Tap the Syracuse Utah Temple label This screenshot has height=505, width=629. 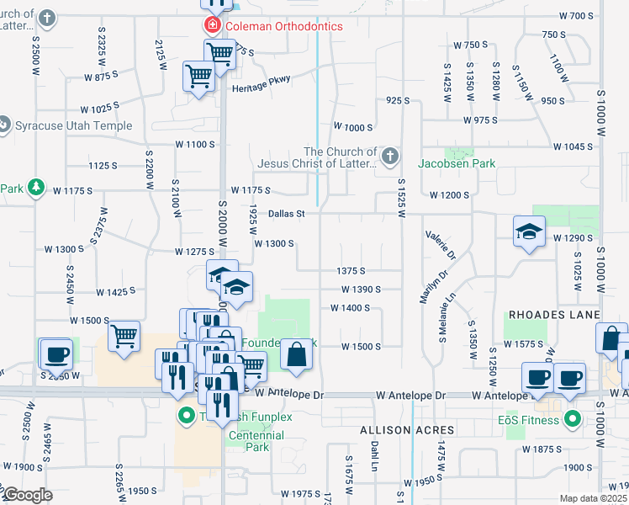pos(74,126)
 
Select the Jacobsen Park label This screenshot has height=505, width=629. pos(457,163)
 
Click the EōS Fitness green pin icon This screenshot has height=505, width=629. pos(573,417)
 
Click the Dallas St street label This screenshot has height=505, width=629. pos(286,214)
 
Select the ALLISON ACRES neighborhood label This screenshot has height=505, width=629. pos(407,430)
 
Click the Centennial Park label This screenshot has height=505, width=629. pos(256,442)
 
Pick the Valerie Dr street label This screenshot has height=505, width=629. pos(440,244)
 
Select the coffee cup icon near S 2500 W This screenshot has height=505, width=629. pos(55,354)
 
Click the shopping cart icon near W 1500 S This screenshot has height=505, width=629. pos(124,337)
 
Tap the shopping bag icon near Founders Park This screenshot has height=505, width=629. pos(296,353)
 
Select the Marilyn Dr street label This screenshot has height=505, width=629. pos(426,286)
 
